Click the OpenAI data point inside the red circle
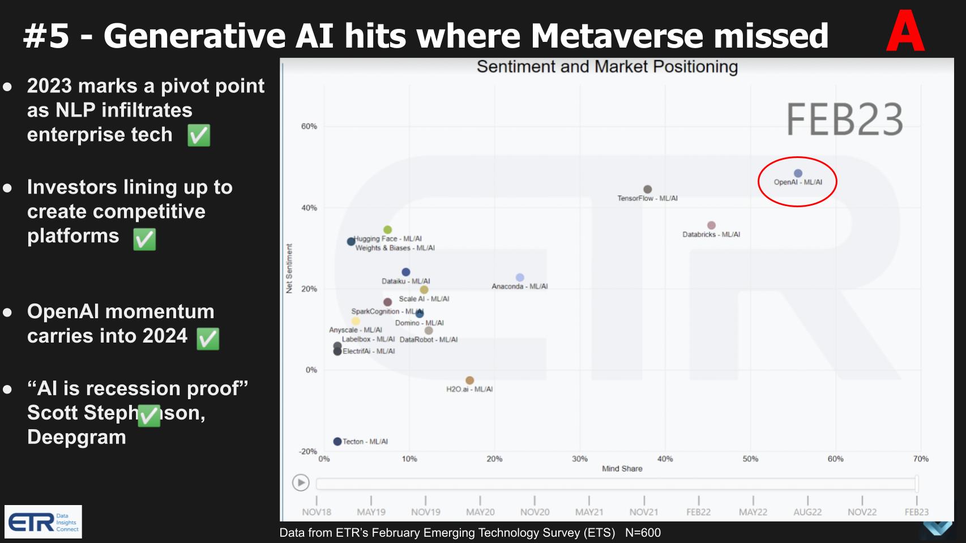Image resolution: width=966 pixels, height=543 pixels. click(798, 173)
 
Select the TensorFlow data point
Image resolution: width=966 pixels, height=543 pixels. click(647, 189)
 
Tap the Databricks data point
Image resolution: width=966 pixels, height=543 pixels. click(711, 225)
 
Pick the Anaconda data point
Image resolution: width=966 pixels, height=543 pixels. click(520, 277)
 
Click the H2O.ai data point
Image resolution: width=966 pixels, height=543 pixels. click(469, 380)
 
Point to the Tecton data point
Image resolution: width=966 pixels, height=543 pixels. click(337, 442)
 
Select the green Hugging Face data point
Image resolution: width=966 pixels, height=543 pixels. click(387, 230)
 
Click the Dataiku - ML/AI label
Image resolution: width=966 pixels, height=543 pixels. click(405, 281)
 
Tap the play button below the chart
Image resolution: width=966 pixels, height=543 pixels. click(301, 483)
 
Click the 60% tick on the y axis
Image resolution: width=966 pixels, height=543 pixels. click(309, 126)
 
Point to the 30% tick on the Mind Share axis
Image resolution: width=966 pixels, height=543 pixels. click(580, 459)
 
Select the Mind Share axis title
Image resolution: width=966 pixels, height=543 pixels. click(622, 469)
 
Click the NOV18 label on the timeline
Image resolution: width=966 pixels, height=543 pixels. click(317, 512)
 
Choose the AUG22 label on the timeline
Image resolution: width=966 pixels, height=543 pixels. click(807, 512)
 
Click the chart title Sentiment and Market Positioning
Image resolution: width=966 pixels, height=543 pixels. click(607, 67)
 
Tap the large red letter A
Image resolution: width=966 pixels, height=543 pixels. click(905, 32)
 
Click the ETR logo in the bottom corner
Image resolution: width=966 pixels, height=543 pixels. click(43, 521)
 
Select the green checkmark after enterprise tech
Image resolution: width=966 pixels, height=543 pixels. click(199, 135)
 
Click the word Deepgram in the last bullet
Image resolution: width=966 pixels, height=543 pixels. click(76, 437)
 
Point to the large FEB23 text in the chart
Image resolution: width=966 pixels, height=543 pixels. click(844, 119)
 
